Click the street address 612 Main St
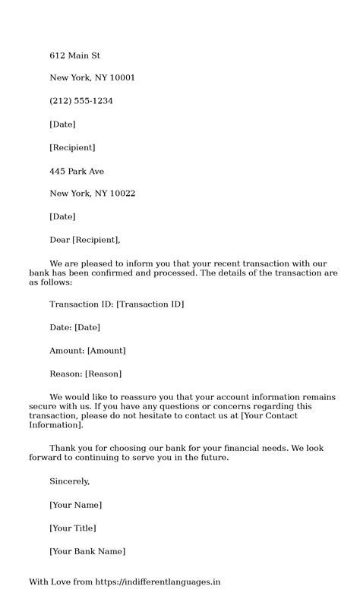click(x=75, y=55)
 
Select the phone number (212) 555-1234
click(x=81, y=101)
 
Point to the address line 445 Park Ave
click(x=77, y=171)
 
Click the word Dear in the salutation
click(x=59, y=240)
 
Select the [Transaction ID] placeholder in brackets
click(x=150, y=304)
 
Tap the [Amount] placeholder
click(x=106, y=350)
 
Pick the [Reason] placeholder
click(x=103, y=373)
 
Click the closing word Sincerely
click(x=69, y=481)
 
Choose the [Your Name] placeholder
click(x=75, y=505)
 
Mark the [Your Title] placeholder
click(x=73, y=528)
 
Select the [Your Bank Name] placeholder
click(x=87, y=551)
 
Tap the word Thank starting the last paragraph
click(x=62, y=448)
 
